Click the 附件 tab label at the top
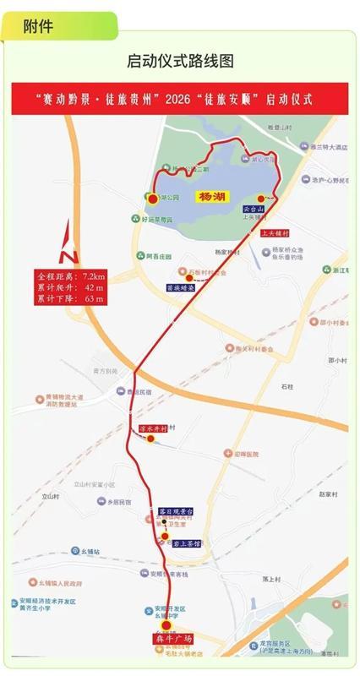click(x=41, y=26)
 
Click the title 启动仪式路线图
click(x=180, y=61)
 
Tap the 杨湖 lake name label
click(x=211, y=197)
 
